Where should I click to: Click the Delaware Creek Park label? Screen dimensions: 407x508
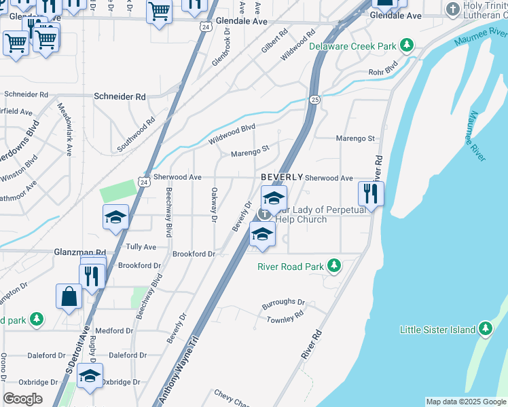352,46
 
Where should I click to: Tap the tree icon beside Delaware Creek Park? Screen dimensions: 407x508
406,45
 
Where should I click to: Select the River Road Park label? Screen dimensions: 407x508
291,267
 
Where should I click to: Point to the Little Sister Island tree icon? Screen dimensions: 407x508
484,329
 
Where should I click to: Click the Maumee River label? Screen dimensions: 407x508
475,136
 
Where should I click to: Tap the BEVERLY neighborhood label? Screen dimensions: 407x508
281,177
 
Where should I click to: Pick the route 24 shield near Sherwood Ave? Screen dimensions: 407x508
141,182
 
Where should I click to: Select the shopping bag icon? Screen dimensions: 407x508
69,296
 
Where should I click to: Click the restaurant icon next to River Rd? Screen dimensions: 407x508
371,193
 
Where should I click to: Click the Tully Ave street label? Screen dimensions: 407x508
141,247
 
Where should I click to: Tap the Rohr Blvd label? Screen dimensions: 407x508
381,71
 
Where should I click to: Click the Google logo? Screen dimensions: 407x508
22,399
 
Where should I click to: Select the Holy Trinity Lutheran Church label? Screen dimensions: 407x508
485,9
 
